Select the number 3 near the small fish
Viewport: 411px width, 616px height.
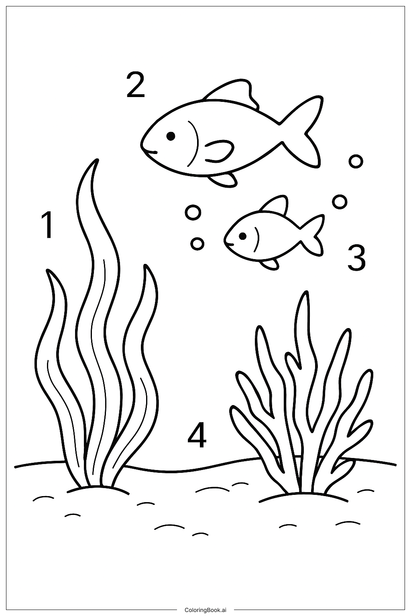click(356, 257)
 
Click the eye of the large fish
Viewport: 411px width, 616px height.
click(171, 136)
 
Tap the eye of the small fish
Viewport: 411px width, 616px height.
click(242, 236)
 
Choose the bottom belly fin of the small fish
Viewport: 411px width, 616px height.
click(270, 263)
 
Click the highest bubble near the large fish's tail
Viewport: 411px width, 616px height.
click(356, 161)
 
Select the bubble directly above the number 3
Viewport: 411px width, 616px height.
click(340, 202)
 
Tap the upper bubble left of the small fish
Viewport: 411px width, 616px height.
click(193, 212)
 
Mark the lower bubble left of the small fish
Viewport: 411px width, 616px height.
click(197, 243)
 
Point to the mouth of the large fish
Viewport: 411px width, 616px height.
click(150, 152)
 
